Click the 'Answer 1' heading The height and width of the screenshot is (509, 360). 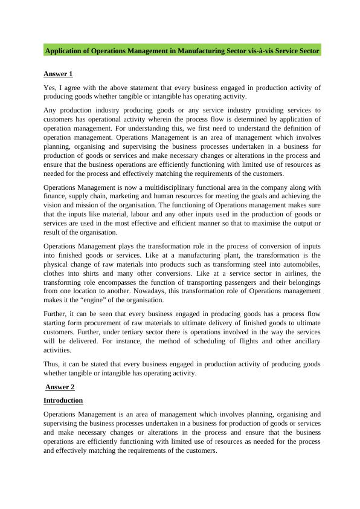(58, 74)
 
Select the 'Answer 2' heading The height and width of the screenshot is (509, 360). (60, 387)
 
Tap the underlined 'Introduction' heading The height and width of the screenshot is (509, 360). (63, 400)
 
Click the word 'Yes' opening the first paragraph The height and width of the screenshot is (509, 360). (50, 88)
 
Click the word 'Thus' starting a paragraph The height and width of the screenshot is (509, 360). (51, 364)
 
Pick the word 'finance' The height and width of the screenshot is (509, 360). (56, 196)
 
